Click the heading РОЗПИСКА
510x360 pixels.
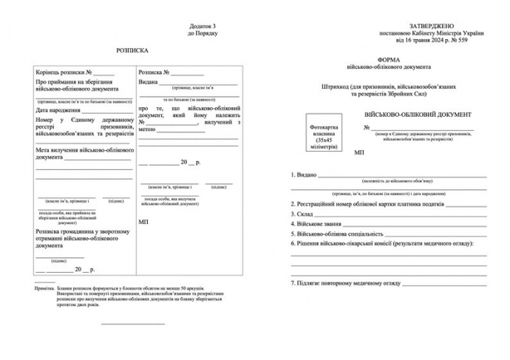(x=132, y=51)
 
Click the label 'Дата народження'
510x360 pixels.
(x=59, y=110)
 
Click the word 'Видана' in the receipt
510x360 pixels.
(x=149, y=83)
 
